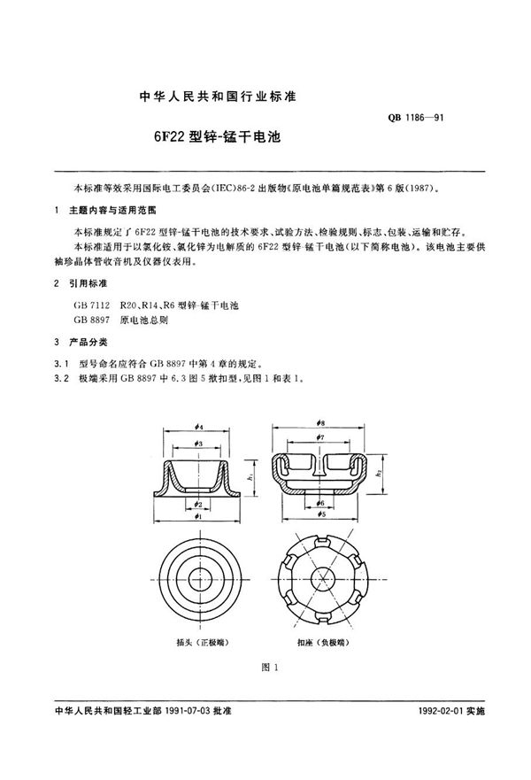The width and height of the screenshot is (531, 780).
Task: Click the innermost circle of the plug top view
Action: point(200,574)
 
